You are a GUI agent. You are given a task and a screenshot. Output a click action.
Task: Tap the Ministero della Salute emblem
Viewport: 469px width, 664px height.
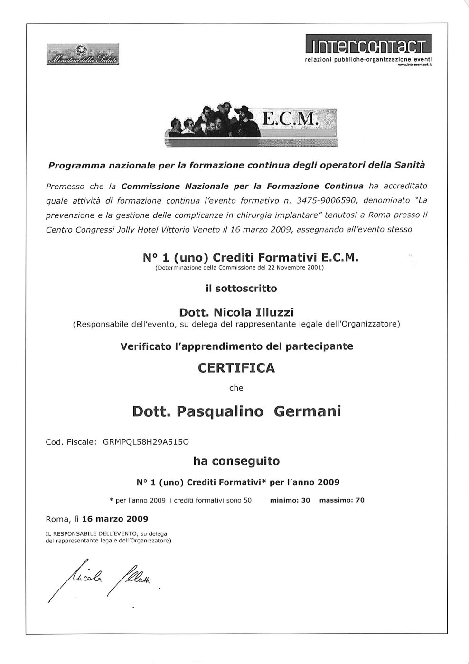[x=83, y=55]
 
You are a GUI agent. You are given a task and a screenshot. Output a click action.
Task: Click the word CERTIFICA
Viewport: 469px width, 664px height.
[x=236, y=368]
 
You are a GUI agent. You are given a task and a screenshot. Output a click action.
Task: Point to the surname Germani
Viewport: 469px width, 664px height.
[x=308, y=411]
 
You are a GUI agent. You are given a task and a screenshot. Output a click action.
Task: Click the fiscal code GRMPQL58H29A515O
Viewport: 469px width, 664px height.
[x=146, y=442]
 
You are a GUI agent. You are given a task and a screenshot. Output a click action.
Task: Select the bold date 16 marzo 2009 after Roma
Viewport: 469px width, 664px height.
[x=115, y=519]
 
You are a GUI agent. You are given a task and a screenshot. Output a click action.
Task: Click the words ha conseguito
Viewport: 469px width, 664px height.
[x=236, y=461]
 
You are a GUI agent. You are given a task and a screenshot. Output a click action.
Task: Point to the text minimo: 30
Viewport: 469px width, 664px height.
[x=290, y=500]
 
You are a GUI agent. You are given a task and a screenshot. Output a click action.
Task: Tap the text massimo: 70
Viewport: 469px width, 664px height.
[x=342, y=500]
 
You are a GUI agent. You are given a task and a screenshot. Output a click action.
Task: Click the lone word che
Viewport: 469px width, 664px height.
[x=236, y=388]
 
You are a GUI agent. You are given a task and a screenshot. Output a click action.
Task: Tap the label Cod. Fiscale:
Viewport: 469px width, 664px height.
[x=71, y=442]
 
